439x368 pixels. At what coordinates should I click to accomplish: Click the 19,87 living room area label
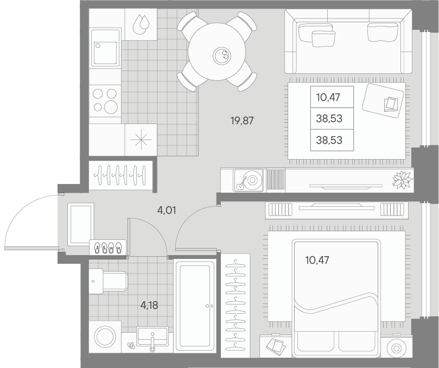(242, 121)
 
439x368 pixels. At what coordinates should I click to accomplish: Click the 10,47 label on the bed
(317, 260)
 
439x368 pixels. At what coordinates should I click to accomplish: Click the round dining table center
(217, 52)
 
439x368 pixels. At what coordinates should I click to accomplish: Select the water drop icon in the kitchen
(141, 24)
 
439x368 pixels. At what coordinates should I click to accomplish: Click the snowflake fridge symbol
(141, 140)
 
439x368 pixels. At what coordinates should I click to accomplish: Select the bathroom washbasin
(152, 337)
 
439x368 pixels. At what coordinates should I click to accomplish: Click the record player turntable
(250, 180)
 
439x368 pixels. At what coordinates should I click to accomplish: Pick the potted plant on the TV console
(402, 180)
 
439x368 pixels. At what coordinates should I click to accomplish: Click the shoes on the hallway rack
(107, 248)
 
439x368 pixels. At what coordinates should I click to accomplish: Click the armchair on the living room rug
(384, 99)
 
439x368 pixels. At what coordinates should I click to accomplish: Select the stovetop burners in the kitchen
(105, 100)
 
